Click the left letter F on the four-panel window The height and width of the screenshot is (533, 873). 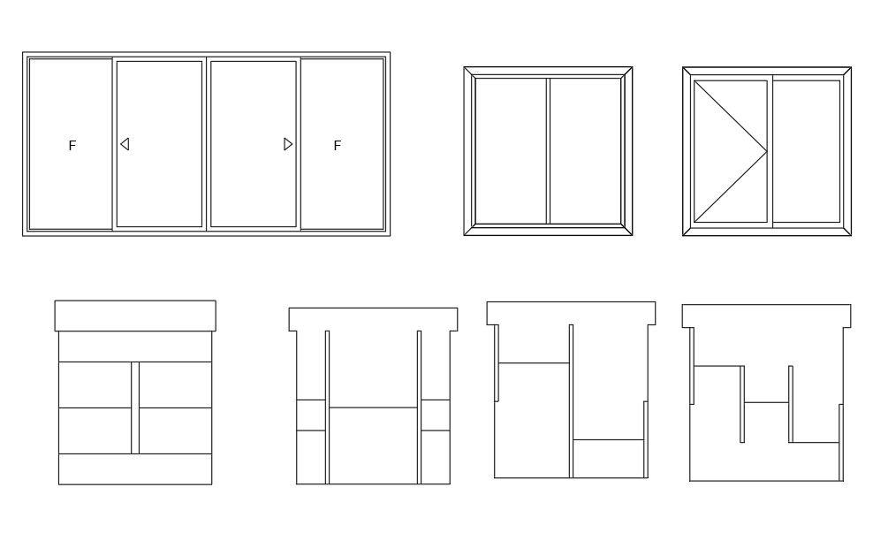72,146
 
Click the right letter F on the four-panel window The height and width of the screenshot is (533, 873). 337,146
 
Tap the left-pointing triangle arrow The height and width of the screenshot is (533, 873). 125,144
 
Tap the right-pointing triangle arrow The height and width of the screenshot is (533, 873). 288,144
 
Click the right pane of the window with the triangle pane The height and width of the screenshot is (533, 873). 807,151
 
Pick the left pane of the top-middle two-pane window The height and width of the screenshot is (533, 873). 510,150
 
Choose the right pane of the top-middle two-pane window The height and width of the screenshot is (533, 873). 586,150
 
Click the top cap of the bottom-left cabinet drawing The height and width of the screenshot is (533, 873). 135,316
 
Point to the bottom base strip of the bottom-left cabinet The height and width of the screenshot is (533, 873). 135,468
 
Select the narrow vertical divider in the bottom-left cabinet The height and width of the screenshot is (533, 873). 135,407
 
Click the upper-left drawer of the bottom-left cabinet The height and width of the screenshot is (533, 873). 95,385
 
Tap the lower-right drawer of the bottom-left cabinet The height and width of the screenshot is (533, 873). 175,430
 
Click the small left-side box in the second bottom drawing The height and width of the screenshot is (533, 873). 310,415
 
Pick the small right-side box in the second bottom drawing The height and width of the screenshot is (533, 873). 435,415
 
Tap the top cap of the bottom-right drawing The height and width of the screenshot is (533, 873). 766,316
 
